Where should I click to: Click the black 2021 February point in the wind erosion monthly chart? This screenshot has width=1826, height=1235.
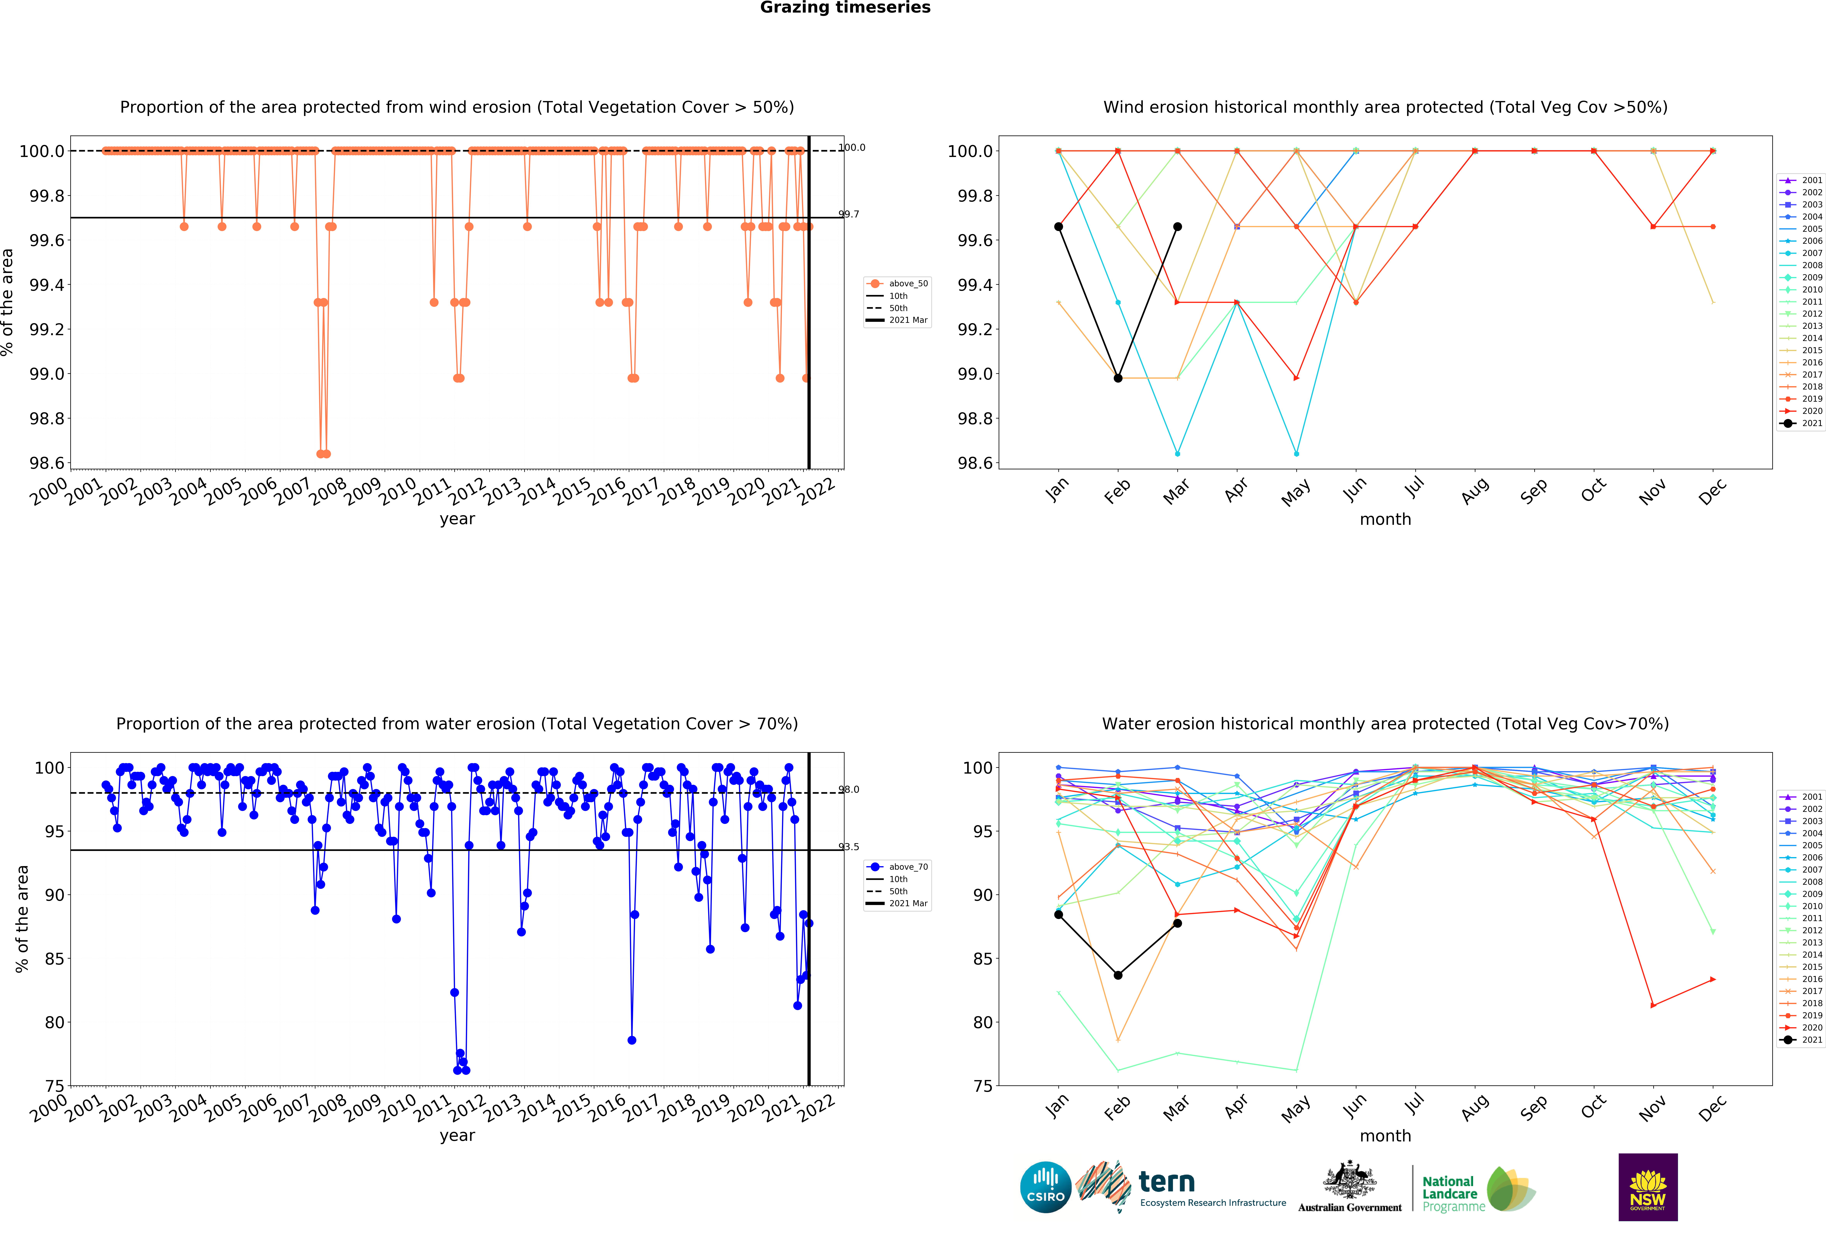[1117, 378]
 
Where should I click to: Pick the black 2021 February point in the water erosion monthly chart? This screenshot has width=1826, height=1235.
[1117, 976]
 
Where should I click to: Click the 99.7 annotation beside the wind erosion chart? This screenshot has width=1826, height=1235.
[849, 214]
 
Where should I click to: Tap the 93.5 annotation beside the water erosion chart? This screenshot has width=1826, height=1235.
[849, 847]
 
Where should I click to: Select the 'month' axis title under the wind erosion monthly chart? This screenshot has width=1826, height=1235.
[1385, 520]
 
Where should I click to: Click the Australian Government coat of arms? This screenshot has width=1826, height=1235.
[1349, 1179]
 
